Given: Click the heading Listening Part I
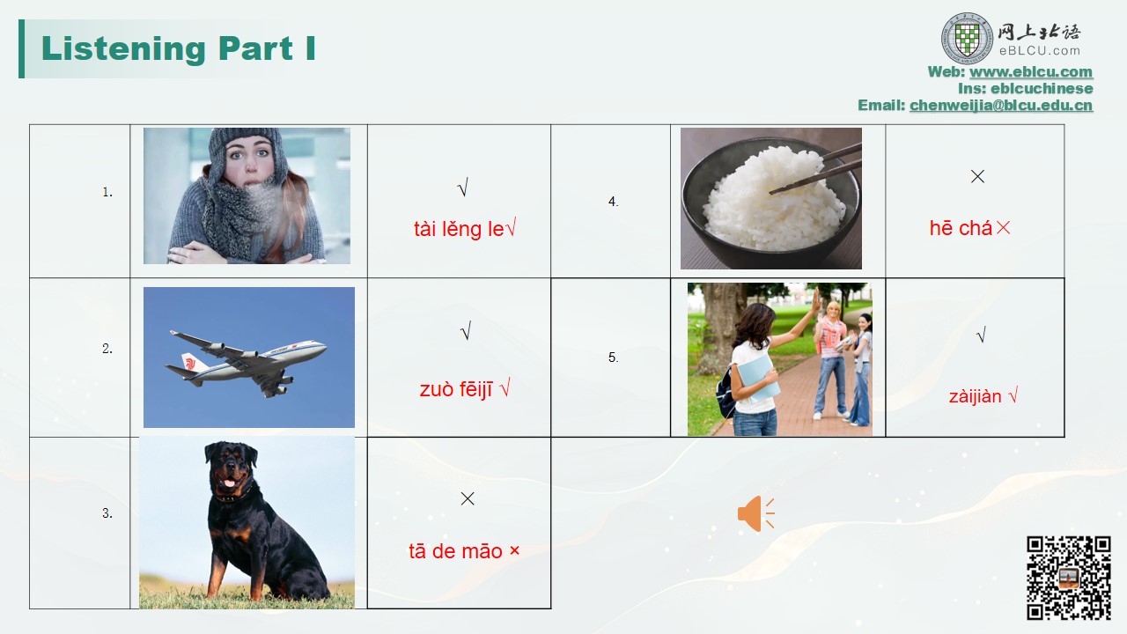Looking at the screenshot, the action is (178, 48).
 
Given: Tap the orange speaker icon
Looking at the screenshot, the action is (755, 513).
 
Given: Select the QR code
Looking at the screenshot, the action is (1069, 578).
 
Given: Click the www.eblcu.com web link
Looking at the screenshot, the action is (1031, 72).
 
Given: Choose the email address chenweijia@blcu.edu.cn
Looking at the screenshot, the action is (1001, 105).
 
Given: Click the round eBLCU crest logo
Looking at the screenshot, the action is (967, 39).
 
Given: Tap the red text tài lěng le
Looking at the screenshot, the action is (459, 230).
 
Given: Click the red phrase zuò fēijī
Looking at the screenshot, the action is (456, 389).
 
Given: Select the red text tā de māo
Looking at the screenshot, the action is (455, 551).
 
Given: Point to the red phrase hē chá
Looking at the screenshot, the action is (961, 228).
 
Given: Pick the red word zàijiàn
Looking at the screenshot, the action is (975, 396).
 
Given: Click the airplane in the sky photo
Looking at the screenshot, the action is (246, 362).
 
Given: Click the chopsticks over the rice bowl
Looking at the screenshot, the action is (815, 167).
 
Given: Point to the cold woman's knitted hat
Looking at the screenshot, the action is (247, 147).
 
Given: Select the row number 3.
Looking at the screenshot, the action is (107, 513).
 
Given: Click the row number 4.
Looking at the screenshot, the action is (613, 202).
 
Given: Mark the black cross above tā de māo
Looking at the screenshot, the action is (468, 498).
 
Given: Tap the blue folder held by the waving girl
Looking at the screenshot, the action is (758, 379).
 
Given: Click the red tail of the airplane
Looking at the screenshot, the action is (188, 362).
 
